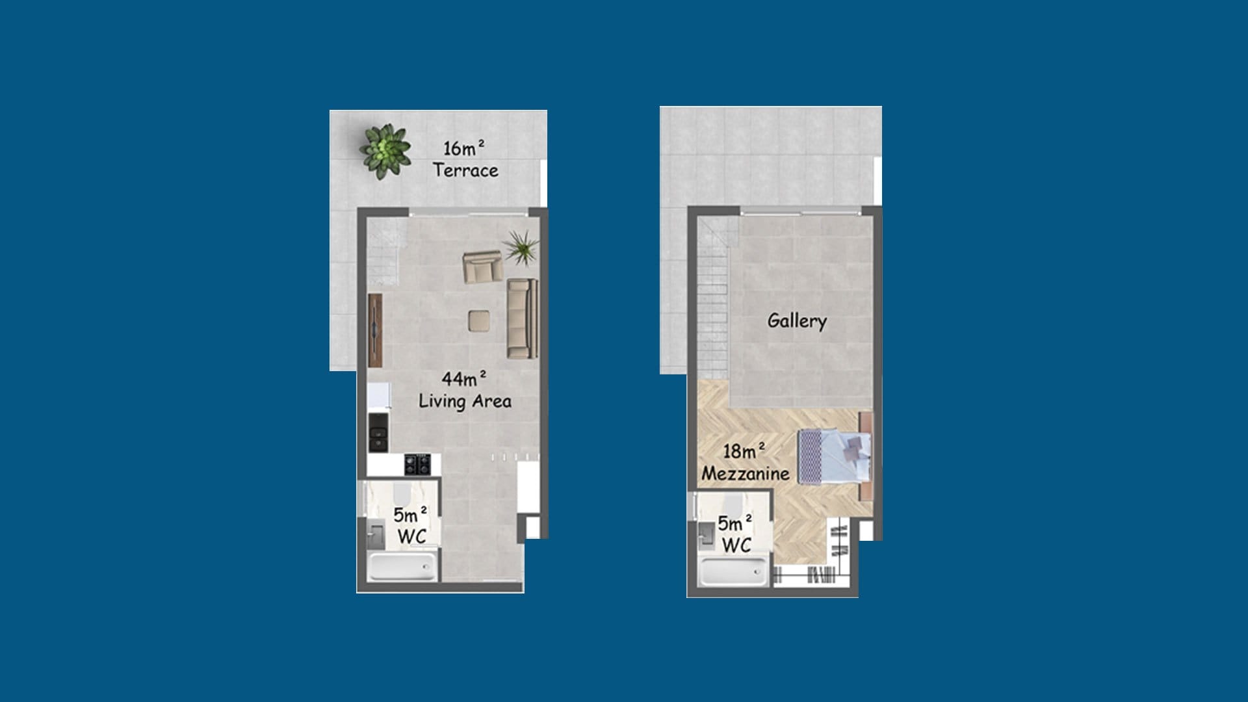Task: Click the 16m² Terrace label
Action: pyautogui.click(x=465, y=159)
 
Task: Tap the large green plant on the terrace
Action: pyautogui.click(x=386, y=151)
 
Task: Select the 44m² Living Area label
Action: pyautogui.click(x=465, y=390)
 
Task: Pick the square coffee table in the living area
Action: pyautogui.click(x=480, y=321)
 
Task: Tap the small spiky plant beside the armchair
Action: pyautogui.click(x=521, y=247)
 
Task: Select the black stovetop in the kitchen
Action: pyautogui.click(x=417, y=463)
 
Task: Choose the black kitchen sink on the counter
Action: pyautogui.click(x=378, y=432)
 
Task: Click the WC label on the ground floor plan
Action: pyautogui.click(x=411, y=525)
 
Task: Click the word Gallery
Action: pyautogui.click(x=797, y=321)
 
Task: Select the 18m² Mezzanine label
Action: pyautogui.click(x=745, y=462)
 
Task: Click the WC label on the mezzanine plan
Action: pyautogui.click(x=735, y=534)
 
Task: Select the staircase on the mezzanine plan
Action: pyautogui.click(x=714, y=299)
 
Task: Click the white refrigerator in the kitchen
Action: pyautogui.click(x=378, y=396)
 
